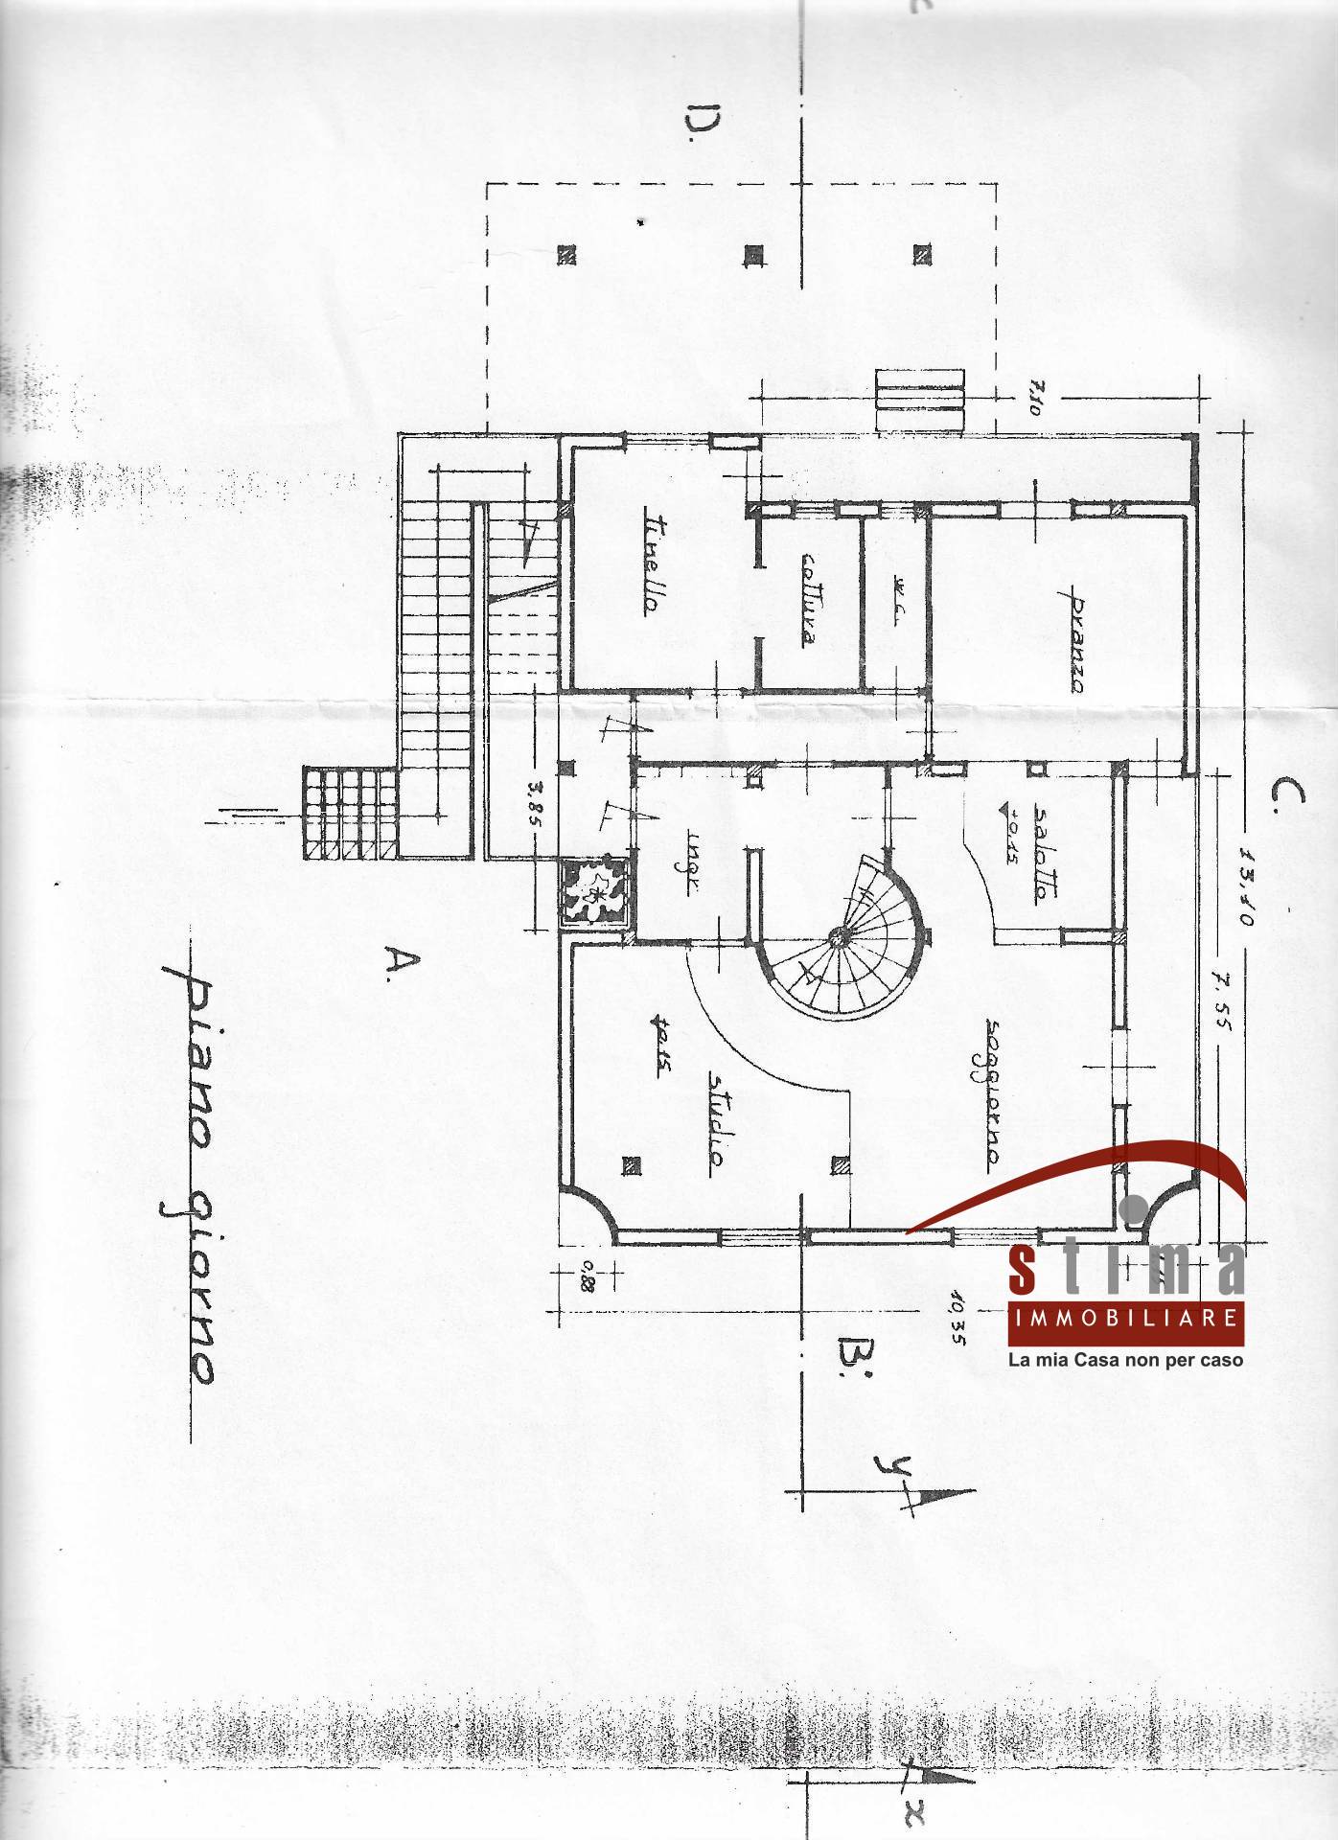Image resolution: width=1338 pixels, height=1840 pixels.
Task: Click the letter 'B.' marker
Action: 852,1357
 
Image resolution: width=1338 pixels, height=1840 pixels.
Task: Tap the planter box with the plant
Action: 595,891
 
